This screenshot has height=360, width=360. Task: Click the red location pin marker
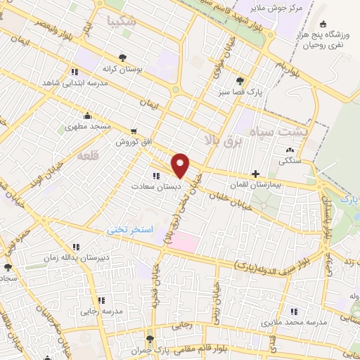click(x=181, y=165)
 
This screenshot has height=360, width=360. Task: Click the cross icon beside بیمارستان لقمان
click(x=255, y=174)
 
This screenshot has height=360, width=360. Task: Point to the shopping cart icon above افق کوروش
click(x=134, y=131)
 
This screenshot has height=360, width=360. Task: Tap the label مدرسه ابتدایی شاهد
click(x=74, y=82)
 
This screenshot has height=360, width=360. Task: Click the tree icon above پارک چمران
click(x=148, y=339)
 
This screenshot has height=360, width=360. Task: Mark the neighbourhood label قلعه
click(x=89, y=153)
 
